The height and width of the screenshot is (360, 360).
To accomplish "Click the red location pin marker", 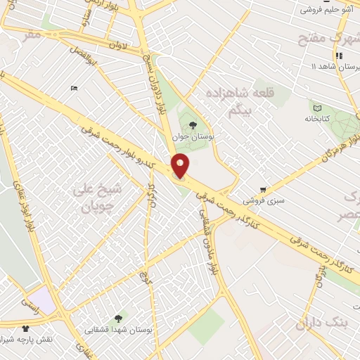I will click(x=181, y=166).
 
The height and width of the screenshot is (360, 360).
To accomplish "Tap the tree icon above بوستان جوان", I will click(x=193, y=125).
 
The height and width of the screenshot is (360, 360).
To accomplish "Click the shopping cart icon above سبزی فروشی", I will click(x=263, y=190).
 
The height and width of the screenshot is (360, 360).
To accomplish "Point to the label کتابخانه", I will click(x=317, y=120).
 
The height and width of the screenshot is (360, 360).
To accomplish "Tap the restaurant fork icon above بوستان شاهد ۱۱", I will click(x=339, y=56).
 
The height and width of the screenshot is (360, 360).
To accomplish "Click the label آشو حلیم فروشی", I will click(x=327, y=10).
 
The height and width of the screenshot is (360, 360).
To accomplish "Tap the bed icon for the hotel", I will click(x=74, y=88).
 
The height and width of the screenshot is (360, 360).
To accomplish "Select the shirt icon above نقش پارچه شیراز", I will click(x=26, y=328).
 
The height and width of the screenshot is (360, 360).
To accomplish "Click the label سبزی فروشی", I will click(x=263, y=201).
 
